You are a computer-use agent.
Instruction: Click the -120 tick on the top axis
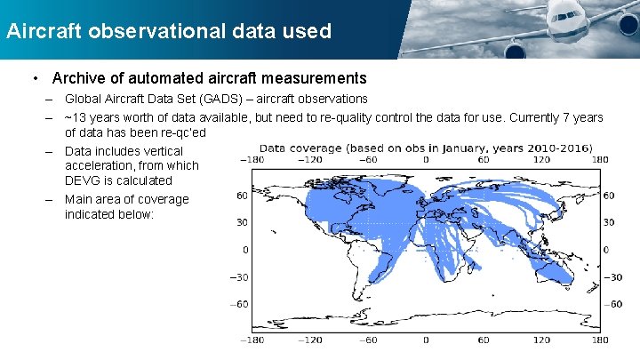tap(309, 160)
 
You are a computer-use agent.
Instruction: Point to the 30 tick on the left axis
tap(241, 222)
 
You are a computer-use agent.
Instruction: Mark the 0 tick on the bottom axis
tap(425, 340)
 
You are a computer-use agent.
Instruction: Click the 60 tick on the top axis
tap(483, 160)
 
